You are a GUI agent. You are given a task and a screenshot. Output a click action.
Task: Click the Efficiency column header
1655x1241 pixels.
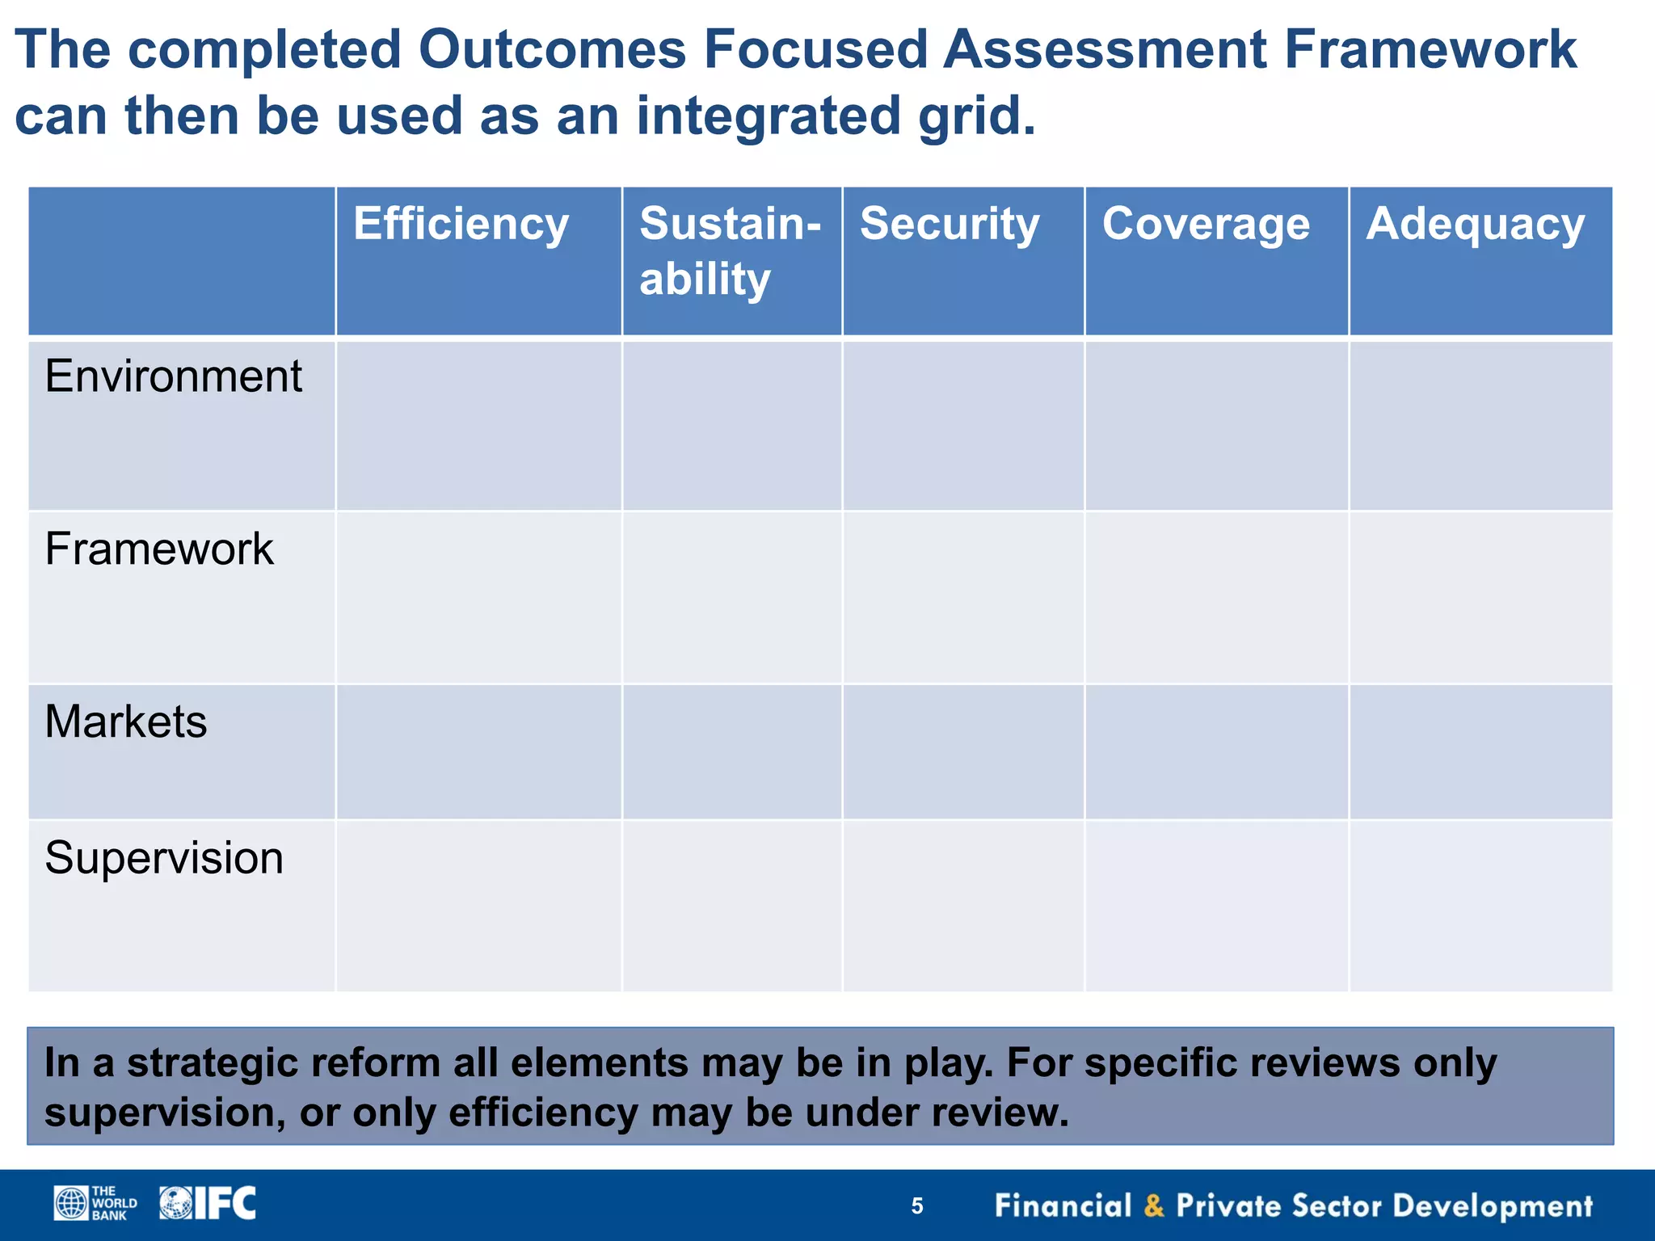coord(461,225)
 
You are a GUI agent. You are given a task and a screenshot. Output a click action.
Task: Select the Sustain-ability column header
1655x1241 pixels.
coord(730,251)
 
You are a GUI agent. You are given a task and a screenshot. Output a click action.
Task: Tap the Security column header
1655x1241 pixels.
coord(950,225)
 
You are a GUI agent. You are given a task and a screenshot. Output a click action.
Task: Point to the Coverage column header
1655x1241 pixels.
coord(1206,225)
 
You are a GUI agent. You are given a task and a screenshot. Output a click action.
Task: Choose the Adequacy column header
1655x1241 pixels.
coord(1475,225)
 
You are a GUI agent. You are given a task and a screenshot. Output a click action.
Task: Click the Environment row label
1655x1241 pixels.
coord(174,377)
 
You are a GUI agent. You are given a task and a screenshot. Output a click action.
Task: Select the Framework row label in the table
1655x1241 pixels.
coord(159,549)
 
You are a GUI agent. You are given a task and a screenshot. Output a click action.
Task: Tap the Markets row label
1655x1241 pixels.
coord(126,721)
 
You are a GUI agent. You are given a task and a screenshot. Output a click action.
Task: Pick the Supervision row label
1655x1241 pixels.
coord(164,858)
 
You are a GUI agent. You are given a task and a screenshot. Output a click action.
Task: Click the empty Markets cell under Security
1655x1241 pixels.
coord(963,752)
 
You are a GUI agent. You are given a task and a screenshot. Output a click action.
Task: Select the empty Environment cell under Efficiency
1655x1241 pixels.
coord(478,426)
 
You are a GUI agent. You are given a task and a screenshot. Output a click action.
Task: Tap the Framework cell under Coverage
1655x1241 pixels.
coord(1216,598)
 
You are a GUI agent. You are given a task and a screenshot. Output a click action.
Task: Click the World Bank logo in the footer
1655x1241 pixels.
coord(95,1203)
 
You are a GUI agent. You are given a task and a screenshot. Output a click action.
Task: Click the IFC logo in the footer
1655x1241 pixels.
coord(208,1203)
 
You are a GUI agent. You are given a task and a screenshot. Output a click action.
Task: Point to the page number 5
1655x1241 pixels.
coord(917,1206)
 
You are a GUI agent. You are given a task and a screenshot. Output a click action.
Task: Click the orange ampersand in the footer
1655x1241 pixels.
coord(1154,1206)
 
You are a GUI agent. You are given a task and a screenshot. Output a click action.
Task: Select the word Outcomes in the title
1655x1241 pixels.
coord(552,50)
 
